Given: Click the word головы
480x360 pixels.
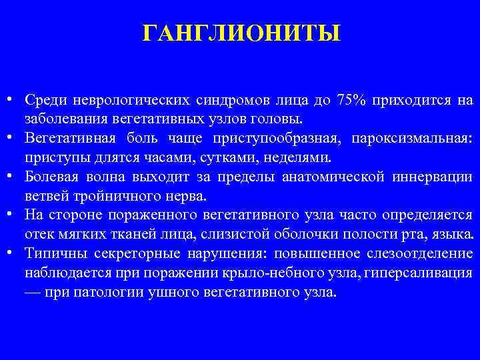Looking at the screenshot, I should tap(283, 119).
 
